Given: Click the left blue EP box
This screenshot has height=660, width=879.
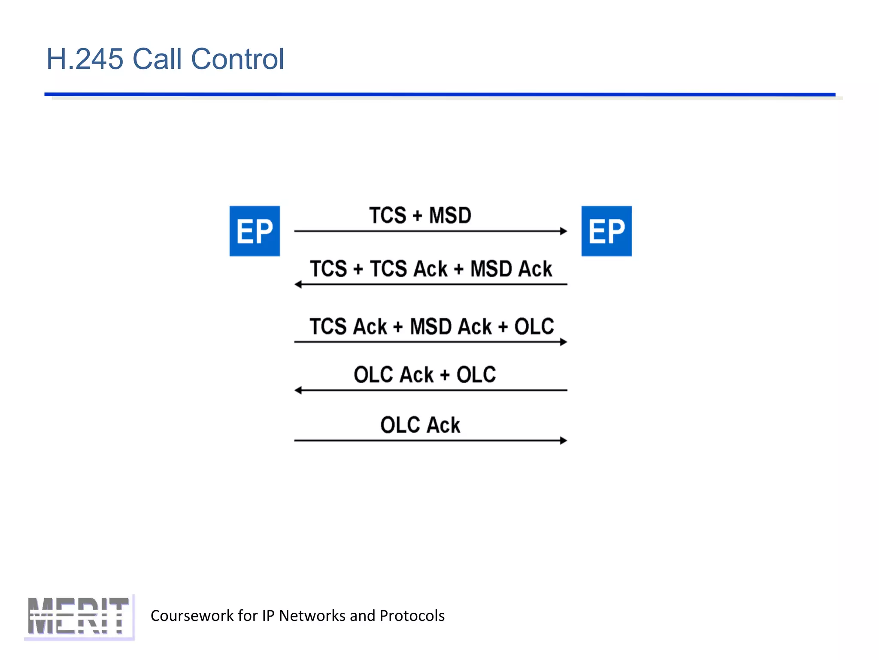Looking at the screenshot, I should [255, 231].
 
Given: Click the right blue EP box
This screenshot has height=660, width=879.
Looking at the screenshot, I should [606, 231].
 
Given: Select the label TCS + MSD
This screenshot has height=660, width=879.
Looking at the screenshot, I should [420, 215].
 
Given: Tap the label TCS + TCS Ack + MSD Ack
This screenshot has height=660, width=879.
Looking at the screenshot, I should [431, 269].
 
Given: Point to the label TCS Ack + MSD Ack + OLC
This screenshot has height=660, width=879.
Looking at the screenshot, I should [432, 327].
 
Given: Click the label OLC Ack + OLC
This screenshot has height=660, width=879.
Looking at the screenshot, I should [424, 375].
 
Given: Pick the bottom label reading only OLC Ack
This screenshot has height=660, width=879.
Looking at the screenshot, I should [420, 425].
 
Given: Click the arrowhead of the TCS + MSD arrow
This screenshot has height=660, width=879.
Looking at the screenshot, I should [564, 231].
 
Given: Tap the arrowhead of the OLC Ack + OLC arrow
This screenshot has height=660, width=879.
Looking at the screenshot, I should [298, 390].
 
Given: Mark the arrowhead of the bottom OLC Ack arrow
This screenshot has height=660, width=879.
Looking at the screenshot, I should [564, 440].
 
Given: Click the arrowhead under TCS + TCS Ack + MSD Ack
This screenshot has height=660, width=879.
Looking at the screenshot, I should [298, 284].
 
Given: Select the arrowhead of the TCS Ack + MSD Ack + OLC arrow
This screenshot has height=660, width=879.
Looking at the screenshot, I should [564, 342].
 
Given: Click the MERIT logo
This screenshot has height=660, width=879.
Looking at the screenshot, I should [79, 617].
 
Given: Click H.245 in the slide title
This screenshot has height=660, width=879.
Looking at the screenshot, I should [85, 59].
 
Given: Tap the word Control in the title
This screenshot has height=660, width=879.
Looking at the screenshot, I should [237, 59].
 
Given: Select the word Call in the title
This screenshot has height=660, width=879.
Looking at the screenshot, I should [157, 59].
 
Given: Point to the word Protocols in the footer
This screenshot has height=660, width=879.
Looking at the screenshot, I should [412, 616].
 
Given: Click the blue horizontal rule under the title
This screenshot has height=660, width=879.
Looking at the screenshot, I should [439, 94].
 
